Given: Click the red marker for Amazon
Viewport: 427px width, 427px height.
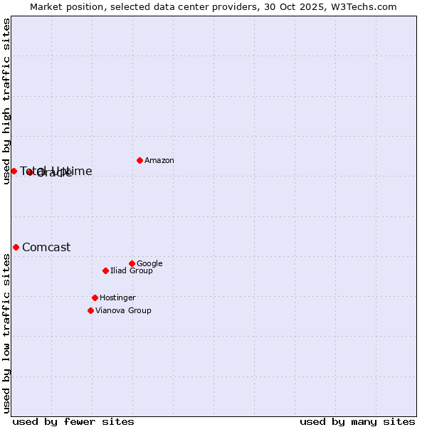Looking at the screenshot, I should tap(139, 160).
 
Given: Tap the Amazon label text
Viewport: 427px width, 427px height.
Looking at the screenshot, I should tap(159, 161).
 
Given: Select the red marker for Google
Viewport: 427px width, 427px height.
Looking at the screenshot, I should tap(132, 263).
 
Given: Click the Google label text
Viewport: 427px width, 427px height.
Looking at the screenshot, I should tap(149, 264).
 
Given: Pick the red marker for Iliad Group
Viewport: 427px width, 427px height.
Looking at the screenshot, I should tap(105, 270).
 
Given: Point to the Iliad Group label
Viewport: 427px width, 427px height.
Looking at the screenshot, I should tap(132, 271).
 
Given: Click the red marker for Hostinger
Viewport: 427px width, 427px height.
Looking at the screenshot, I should tap(95, 297).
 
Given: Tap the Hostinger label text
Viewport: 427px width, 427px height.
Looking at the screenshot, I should tap(117, 298).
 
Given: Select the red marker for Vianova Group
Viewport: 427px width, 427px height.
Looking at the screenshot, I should tap(90, 310).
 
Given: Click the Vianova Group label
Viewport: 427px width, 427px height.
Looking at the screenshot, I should tap(123, 311).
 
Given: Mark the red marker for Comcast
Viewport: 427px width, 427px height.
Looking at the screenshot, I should tap(16, 247).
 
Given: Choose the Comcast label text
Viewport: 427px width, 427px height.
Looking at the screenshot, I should tap(46, 248).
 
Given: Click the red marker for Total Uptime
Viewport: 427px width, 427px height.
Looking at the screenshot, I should tap(14, 171).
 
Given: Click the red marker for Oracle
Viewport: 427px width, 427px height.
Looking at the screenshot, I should tap(29, 172).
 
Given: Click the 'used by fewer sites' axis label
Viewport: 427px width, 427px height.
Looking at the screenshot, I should tap(73, 421).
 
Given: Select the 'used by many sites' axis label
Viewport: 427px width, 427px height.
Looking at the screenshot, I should tap(357, 421).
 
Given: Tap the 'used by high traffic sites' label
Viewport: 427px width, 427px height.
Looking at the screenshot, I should tap(6, 102).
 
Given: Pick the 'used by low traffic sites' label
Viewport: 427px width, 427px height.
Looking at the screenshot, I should tap(6, 332).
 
